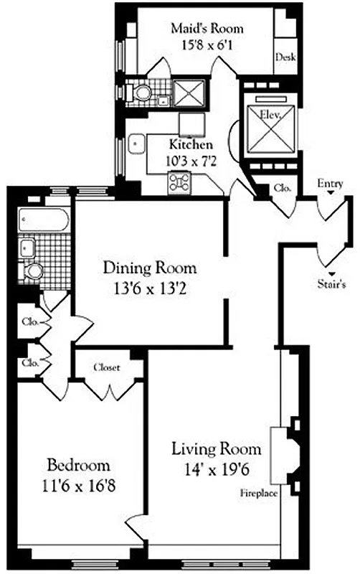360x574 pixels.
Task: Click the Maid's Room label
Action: click(207, 29)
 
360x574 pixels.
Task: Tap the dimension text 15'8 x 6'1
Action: click(207, 44)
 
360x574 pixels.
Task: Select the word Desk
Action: click(285, 58)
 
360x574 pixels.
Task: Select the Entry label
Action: click(330, 184)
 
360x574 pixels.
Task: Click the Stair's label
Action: click(333, 283)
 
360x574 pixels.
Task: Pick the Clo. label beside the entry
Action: click(282, 188)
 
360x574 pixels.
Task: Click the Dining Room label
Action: click(149, 268)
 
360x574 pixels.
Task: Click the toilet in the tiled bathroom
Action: click(33, 272)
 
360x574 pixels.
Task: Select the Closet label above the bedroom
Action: click(106, 367)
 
